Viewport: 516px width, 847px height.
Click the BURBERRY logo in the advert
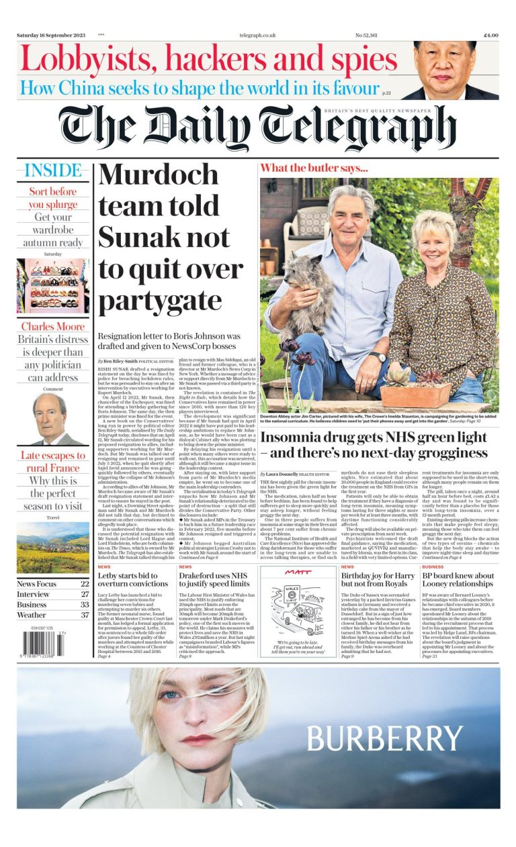[384, 738]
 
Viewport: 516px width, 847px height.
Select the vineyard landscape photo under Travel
[53, 548]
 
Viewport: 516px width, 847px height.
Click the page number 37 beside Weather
[84, 615]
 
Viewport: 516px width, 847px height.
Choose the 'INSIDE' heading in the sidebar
[50, 170]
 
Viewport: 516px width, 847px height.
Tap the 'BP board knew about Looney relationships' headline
[458, 580]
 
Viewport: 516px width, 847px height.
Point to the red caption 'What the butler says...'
[314, 168]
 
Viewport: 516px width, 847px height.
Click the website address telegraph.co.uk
[258, 35]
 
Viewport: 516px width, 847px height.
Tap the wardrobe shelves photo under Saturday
[53, 286]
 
